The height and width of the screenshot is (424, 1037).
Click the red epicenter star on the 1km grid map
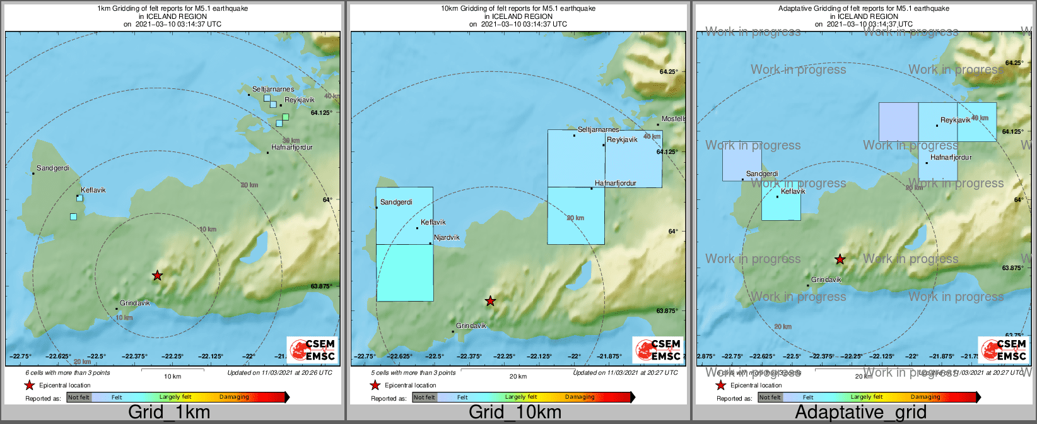click(x=157, y=275)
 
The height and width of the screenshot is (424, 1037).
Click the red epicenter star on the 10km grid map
click(x=490, y=301)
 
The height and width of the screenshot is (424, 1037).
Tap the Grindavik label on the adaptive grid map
click(x=826, y=280)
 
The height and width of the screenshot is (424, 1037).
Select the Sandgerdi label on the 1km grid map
click(x=53, y=168)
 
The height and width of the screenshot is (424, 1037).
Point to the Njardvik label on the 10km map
click(x=447, y=238)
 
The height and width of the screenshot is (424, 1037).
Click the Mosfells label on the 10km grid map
click(x=673, y=119)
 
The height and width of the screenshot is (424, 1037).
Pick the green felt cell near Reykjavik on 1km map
click(x=286, y=117)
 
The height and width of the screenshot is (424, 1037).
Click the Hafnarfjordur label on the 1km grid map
click(x=291, y=148)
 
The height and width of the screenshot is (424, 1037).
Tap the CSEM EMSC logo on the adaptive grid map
click(x=1002, y=350)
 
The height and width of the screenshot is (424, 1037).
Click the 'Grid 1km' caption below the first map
click(x=169, y=413)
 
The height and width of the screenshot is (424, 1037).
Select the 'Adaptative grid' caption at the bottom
click(x=860, y=413)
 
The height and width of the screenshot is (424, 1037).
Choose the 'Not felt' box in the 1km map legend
click(x=78, y=397)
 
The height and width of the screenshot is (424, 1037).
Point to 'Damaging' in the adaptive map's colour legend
click(x=925, y=397)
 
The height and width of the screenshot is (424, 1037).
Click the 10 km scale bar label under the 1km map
click(x=173, y=376)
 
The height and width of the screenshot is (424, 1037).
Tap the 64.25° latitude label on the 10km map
click(x=667, y=72)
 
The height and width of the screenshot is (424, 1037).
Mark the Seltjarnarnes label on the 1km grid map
click(x=273, y=90)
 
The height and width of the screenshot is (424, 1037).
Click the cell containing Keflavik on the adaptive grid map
click(x=781, y=201)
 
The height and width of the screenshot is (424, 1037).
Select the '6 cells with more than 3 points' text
click(x=67, y=373)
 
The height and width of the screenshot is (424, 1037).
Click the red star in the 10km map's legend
click(x=375, y=385)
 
